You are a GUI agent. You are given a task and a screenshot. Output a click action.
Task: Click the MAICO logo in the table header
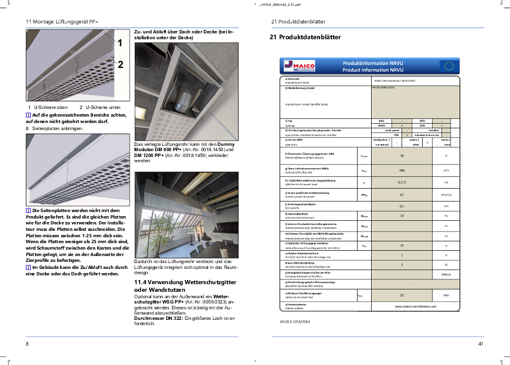coord(295,66)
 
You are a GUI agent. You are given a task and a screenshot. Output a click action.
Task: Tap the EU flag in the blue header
coord(450,66)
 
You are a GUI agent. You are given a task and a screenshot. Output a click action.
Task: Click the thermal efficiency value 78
coord(402,156)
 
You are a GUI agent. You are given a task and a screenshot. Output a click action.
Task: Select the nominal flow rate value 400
coord(402,170)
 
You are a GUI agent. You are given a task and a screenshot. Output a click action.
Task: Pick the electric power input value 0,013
coord(402,182)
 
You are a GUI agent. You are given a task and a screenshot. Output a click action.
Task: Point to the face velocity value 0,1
coord(402,206)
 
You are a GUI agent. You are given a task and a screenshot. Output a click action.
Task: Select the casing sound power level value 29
coord(402,295)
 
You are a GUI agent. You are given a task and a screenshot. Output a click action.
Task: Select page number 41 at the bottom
coord(481,343)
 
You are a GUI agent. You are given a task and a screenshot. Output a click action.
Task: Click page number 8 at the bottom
coord(27,343)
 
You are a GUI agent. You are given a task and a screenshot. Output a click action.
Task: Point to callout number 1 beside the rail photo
coord(120,43)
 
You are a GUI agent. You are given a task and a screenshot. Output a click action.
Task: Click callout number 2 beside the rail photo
coord(120,65)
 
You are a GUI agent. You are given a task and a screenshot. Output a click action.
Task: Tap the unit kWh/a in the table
coord(446,274)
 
